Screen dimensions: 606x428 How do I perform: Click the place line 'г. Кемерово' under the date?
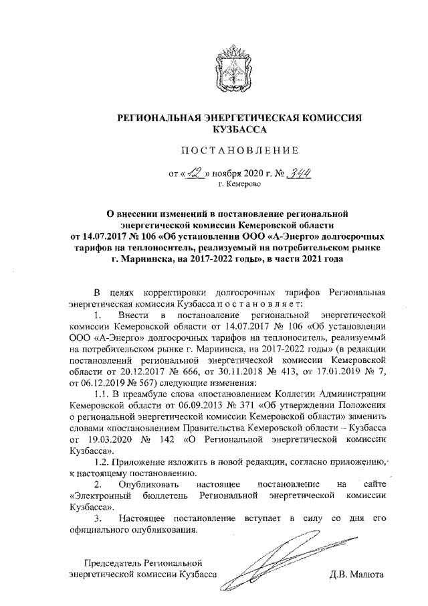click(239, 185)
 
